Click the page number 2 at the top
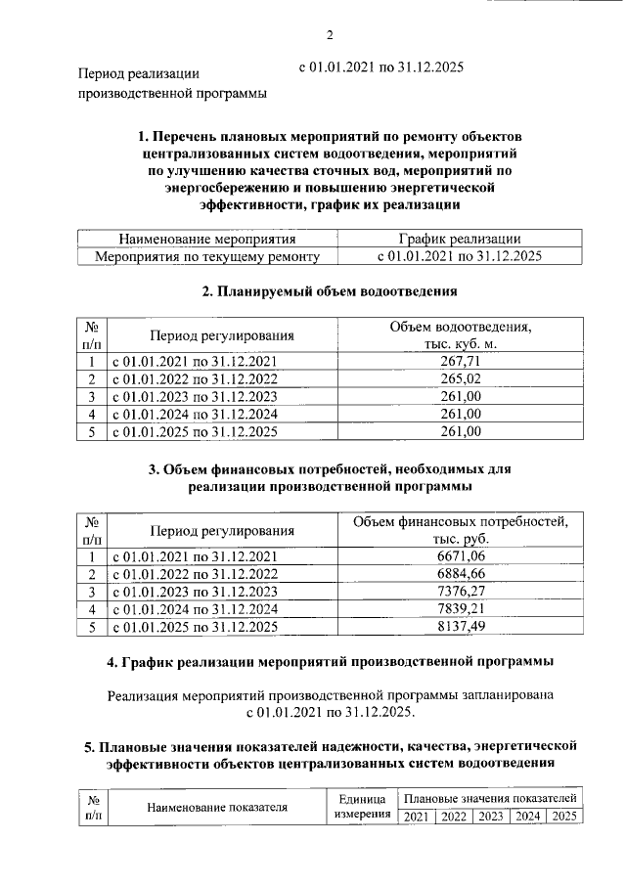click(x=330, y=36)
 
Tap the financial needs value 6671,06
click(x=460, y=556)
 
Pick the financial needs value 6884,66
click(x=460, y=574)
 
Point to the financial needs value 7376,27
click(x=460, y=592)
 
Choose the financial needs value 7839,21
click(x=460, y=609)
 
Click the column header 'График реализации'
click(x=460, y=239)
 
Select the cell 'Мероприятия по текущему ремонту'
click(x=206, y=256)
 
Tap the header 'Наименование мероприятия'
click(x=206, y=239)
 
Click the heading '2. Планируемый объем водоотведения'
click(x=330, y=290)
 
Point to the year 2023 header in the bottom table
click(x=490, y=817)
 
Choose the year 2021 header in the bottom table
click(x=416, y=817)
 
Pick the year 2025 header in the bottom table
click(x=564, y=817)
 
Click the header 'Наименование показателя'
click(x=217, y=808)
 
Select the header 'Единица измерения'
click(x=364, y=808)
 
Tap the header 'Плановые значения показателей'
click(x=490, y=799)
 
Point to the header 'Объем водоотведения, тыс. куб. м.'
click(x=460, y=334)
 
